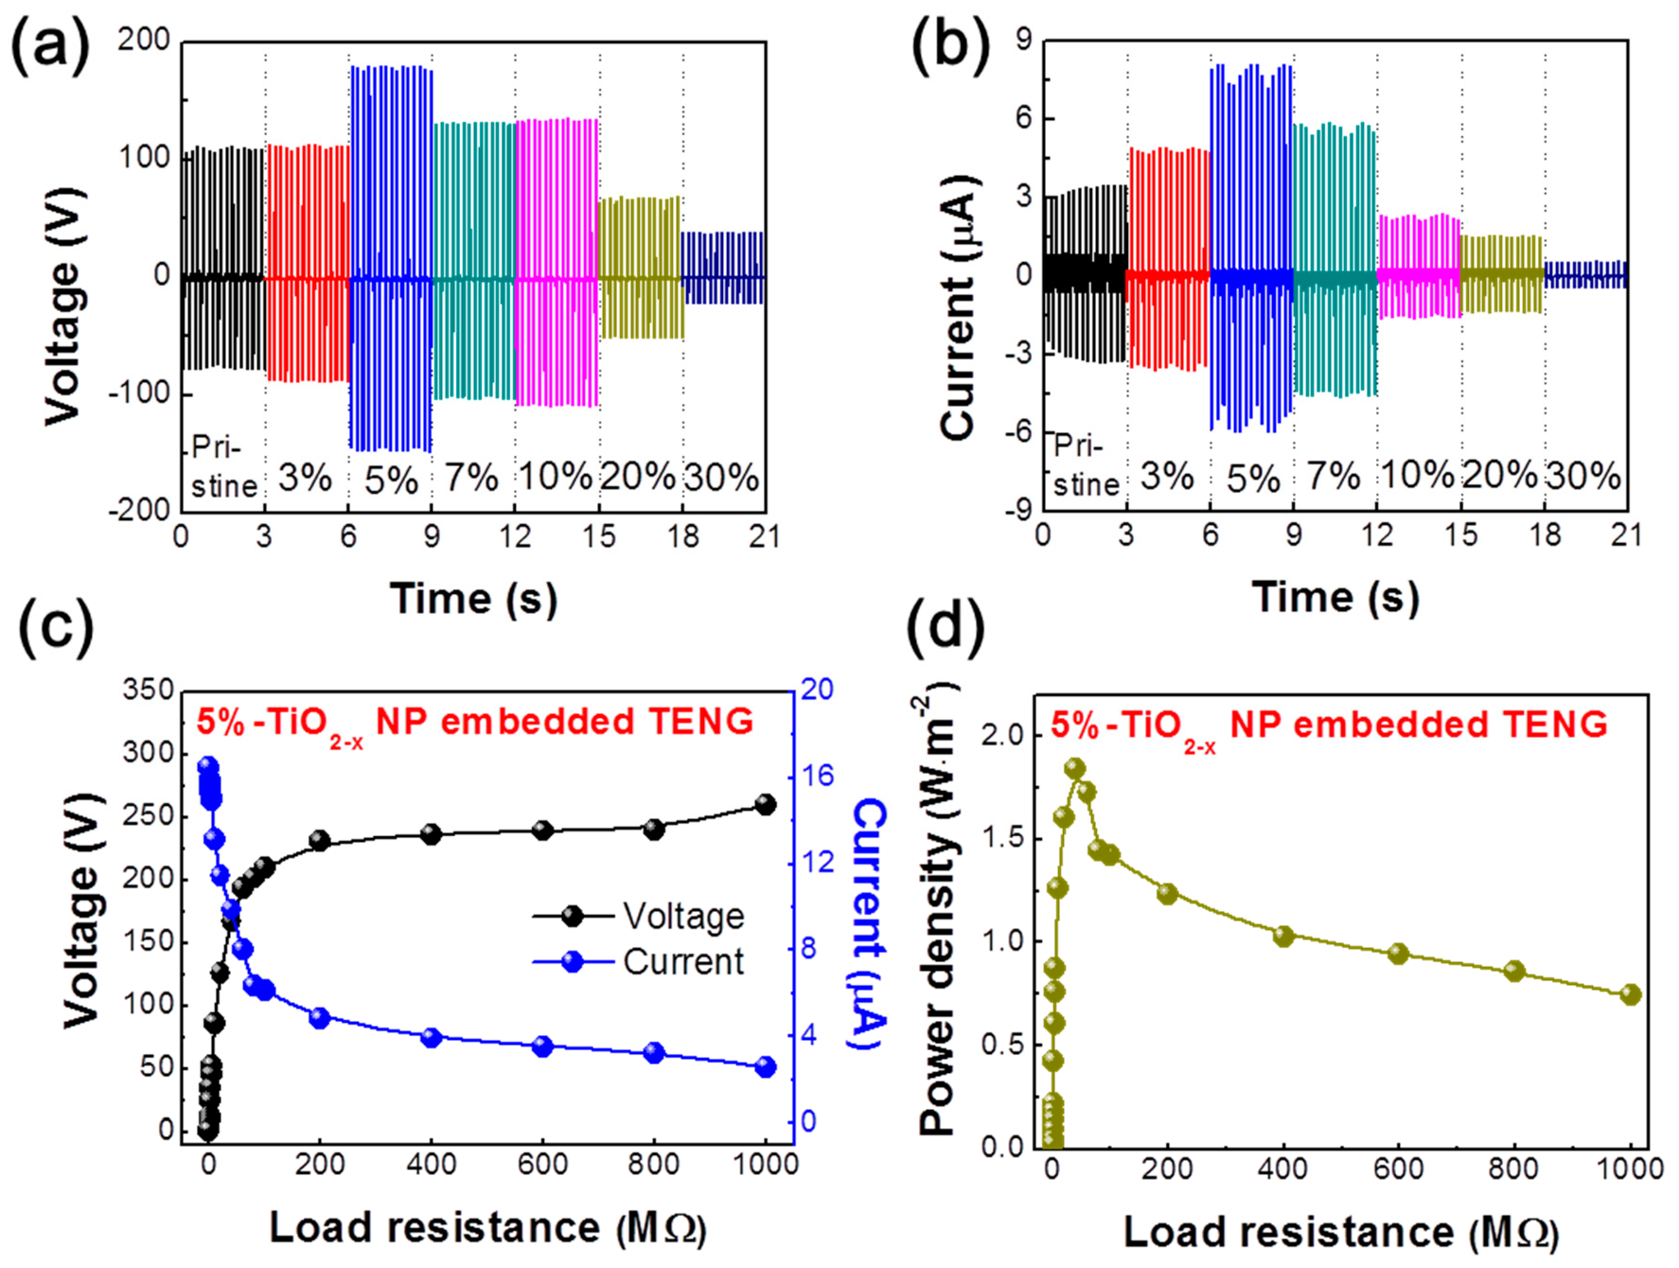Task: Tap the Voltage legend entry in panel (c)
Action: pos(683,916)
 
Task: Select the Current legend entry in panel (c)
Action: pos(683,962)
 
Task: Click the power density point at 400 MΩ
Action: pos(1283,936)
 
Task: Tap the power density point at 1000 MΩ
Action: pos(1630,995)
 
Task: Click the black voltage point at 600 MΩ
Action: pos(543,830)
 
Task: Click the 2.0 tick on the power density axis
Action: pos(1005,737)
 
